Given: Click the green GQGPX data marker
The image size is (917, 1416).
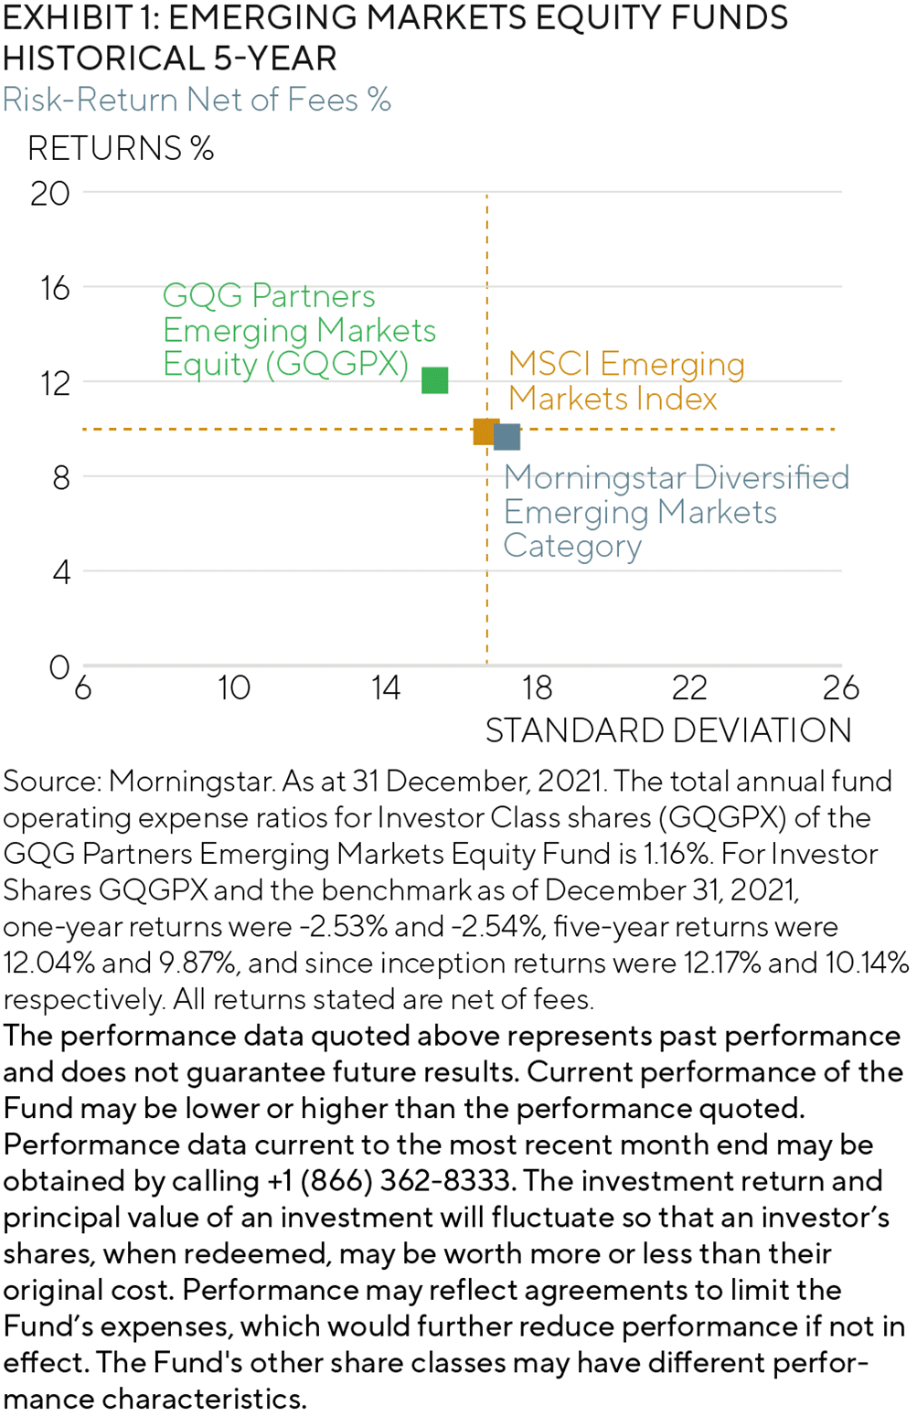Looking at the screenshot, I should tap(435, 380).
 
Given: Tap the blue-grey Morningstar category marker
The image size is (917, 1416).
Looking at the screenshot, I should tap(507, 437).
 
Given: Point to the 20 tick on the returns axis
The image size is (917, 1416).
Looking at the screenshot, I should tap(49, 194).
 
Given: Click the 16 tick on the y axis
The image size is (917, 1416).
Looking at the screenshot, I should tap(55, 289).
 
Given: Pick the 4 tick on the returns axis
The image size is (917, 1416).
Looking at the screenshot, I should tap(61, 572).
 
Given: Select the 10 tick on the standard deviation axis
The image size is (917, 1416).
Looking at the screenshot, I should tap(234, 688).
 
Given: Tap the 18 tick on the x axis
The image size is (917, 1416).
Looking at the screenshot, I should tap(537, 688).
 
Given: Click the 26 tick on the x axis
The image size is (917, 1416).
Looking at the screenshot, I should tap(841, 688).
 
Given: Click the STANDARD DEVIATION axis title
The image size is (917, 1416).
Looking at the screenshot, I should tap(668, 731).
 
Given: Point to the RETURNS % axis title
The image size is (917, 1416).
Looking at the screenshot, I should tap(121, 148).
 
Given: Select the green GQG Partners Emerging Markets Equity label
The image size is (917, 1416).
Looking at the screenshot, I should tap(299, 330).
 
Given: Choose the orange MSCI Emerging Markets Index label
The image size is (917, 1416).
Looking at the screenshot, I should tap(626, 381).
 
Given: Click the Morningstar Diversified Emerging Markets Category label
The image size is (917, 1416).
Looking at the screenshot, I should tap(677, 511).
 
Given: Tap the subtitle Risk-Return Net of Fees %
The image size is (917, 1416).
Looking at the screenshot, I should tap(197, 100).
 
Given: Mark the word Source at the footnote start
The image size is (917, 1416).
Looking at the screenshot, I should tap(51, 782).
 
